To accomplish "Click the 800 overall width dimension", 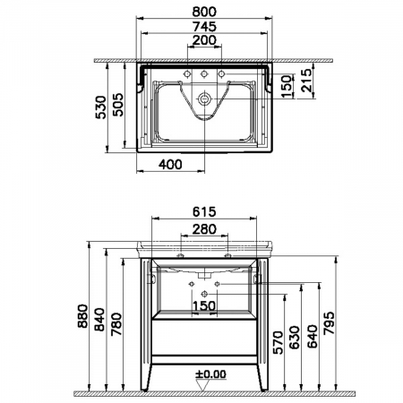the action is click(x=204, y=12).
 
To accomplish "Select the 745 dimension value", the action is click(x=204, y=27).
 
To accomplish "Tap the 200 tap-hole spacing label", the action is click(x=204, y=40).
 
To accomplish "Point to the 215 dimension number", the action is click(x=306, y=80).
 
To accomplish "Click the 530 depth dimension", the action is click(x=101, y=107).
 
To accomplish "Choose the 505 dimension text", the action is click(x=117, y=105).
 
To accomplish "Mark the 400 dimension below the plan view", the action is click(x=170, y=164).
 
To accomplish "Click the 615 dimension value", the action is click(x=204, y=211).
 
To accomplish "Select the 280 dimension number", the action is click(x=204, y=229).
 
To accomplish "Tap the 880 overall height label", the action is click(x=83, y=316).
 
